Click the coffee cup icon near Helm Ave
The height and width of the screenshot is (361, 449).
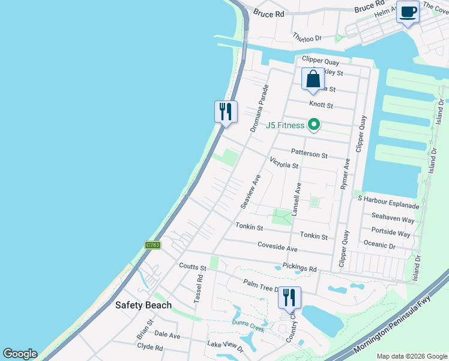pos(408,12)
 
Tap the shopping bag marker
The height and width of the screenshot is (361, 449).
pos(313,79)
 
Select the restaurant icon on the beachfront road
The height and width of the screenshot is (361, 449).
pos(226,111)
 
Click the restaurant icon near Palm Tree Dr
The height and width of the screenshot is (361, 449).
pos(289,297)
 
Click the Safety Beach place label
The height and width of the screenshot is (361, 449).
pos(143,305)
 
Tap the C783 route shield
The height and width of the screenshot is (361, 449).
pos(152,245)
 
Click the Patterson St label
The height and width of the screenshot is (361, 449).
pos(309,153)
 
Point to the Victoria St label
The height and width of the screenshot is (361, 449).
pos(284,162)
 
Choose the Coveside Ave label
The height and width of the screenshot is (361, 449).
pos(277,248)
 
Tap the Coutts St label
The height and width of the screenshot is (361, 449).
pos(192,267)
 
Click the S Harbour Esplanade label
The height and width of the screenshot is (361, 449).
pos(388,199)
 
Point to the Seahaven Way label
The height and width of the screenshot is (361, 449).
pos(393,220)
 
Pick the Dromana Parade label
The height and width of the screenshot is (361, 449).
pos(259,108)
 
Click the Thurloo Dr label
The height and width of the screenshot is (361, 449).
pos(307,37)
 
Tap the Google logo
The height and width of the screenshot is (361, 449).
pos(20,354)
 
